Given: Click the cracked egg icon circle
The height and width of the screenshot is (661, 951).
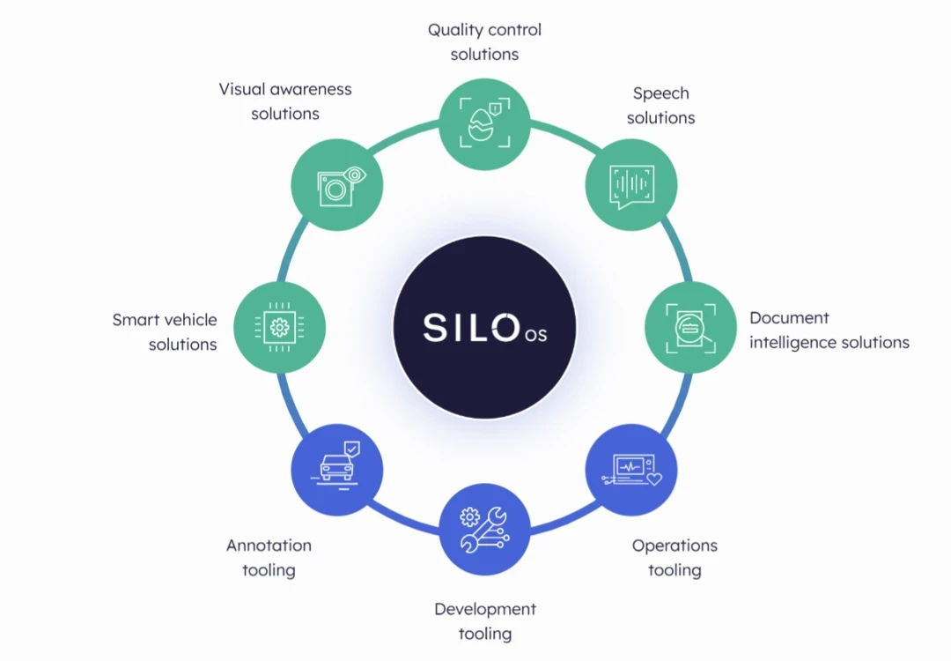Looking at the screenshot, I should [x=484, y=122].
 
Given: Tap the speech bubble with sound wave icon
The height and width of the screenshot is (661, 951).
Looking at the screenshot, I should [x=631, y=184].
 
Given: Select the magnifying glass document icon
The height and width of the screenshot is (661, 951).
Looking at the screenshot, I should [x=690, y=327].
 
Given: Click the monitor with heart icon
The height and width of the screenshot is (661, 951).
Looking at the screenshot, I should [x=631, y=471].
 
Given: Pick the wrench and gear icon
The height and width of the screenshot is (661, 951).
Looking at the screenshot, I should [x=484, y=529].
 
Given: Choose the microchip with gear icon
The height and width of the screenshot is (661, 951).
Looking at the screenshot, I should [x=280, y=327].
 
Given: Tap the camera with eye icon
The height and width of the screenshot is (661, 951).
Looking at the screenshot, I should [x=337, y=184].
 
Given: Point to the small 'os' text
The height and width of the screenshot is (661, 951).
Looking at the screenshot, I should [x=535, y=334].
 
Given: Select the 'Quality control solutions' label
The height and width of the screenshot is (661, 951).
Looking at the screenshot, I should [x=484, y=41].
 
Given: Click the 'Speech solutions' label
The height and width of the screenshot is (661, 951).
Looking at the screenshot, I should [x=660, y=105].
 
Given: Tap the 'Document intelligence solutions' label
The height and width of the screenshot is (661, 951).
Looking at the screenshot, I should [x=829, y=330].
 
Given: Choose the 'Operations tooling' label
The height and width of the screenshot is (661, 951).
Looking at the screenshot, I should [x=675, y=557].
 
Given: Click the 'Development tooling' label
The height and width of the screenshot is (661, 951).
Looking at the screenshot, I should [x=484, y=620].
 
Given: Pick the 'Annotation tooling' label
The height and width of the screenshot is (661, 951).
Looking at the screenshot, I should [x=269, y=557].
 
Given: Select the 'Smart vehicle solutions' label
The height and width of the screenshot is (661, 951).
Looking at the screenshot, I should [x=165, y=331].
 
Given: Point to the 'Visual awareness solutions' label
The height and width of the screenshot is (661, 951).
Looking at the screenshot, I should [x=284, y=100].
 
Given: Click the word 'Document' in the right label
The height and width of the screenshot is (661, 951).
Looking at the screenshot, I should [x=789, y=317].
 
